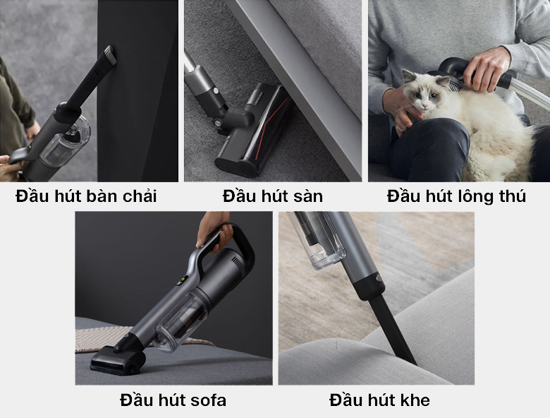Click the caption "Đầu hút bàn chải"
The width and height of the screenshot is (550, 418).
pyautogui.click(x=86, y=196)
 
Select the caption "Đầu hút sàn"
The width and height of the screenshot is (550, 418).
pyautogui.click(x=273, y=196)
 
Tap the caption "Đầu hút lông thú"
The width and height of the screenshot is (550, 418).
pyautogui.click(x=456, y=197)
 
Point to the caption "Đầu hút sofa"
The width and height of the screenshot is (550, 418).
pyautogui.click(x=173, y=400)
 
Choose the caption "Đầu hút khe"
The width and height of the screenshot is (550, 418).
pyautogui.click(x=379, y=400)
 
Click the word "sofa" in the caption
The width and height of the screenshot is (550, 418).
pyautogui.click(x=208, y=400)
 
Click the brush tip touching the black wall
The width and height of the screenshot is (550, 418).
pyautogui.click(x=109, y=56)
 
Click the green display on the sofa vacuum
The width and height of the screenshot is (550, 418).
pyautogui.click(x=183, y=282)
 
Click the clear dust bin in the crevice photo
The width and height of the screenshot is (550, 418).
pyautogui.click(x=317, y=239)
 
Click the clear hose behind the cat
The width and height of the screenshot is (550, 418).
pyautogui.click(x=530, y=92)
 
